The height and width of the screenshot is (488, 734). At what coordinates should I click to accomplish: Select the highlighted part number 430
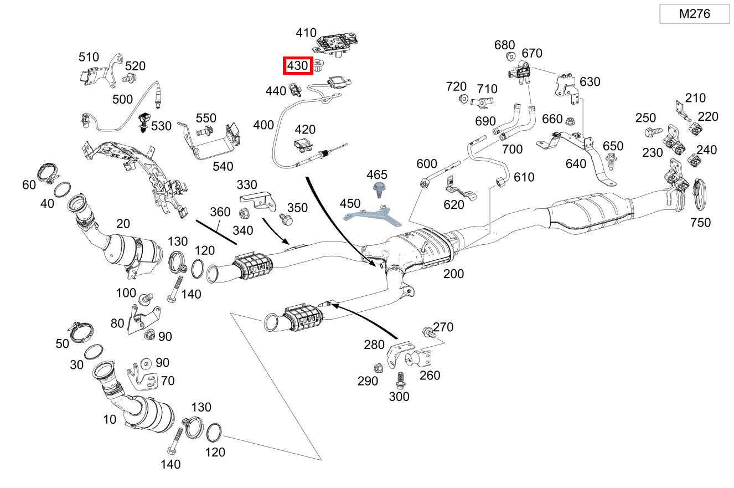point(297,65)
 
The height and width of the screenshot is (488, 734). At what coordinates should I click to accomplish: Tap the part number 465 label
point(377,174)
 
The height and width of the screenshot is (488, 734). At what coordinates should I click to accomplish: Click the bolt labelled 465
point(379,189)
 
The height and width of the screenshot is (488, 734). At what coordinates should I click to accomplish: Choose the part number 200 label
point(453,274)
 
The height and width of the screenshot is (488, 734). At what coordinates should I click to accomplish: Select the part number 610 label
point(524,177)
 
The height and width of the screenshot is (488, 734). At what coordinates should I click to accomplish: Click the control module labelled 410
point(335,43)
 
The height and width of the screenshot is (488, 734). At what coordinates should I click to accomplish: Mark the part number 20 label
point(123,224)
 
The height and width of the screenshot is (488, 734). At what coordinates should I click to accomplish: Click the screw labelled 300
point(399,379)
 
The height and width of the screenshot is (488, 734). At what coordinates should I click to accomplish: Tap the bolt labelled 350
point(286,220)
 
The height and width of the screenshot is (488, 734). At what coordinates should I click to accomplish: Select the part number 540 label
point(223,166)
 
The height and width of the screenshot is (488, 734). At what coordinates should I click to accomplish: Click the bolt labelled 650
point(611,161)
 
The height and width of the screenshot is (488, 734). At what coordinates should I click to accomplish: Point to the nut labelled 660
point(570,119)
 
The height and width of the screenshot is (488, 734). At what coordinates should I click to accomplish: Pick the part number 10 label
point(110,419)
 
